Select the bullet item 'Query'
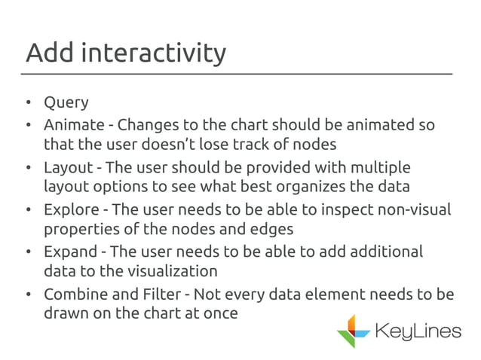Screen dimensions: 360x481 (x=66, y=102)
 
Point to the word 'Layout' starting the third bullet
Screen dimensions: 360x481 (x=68, y=166)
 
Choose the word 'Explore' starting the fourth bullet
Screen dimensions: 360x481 (x=71, y=209)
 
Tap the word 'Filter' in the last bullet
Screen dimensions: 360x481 (x=163, y=294)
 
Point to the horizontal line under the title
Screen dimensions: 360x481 (x=240, y=74)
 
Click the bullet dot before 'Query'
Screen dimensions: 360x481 (x=27, y=103)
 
